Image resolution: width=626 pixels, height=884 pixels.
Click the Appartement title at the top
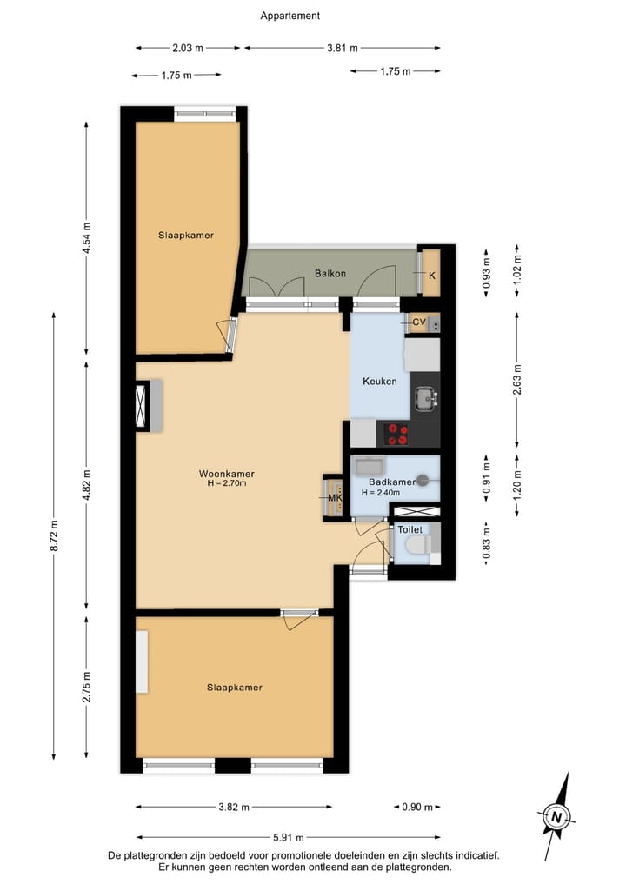pyautogui.click(x=290, y=16)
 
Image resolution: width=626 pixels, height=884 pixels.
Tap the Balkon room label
pyautogui.click(x=330, y=274)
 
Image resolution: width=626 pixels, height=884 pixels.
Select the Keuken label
pyautogui.click(x=379, y=382)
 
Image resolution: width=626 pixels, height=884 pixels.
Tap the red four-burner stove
pyautogui.click(x=397, y=434)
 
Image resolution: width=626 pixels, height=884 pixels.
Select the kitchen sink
pyautogui.click(x=424, y=398)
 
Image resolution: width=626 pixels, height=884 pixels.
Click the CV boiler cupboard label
pyautogui.click(x=419, y=322)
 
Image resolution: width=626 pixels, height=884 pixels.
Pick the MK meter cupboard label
pyautogui.click(x=333, y=498)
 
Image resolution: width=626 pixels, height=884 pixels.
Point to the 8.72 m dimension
pyautogui.click(x=55, y=535)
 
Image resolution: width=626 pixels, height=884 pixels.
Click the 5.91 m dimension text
pyautogui.click(x=288, y=837)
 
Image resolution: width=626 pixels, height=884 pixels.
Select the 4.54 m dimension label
pyautogui.click(x=86, y=236)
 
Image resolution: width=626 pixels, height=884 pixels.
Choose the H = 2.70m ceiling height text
pyautogui.click(x=226, y=483)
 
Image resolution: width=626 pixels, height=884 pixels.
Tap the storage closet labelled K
pyautogui.click(x=431, y=275)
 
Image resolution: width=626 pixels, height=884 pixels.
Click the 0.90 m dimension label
pyautogui.click(x=416, y=807)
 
